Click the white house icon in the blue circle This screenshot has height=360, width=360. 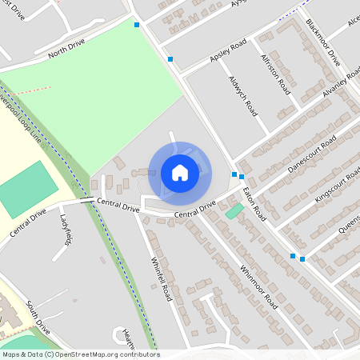180,172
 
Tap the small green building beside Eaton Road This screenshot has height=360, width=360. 234,210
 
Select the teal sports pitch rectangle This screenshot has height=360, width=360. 26,189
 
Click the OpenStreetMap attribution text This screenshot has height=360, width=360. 80,354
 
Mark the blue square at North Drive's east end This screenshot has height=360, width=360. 137,25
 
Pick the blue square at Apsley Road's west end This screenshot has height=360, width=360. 170,59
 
